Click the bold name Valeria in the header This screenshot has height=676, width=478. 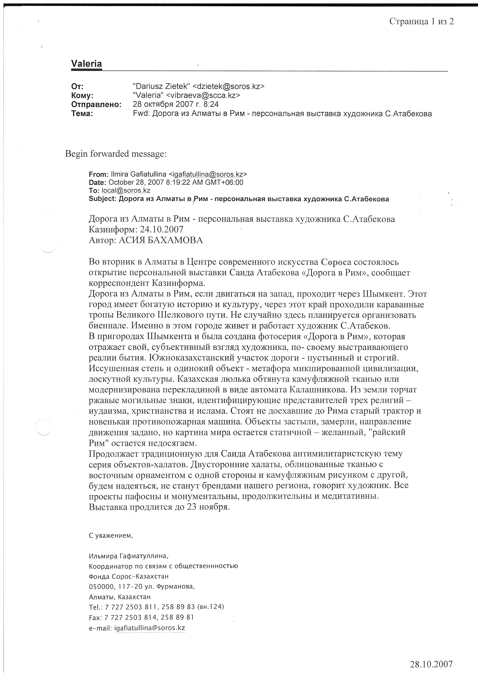[86, 64]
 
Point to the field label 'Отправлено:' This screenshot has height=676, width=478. [96, 104]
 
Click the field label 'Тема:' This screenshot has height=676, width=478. [82, 114]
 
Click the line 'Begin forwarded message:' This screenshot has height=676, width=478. [116, 154]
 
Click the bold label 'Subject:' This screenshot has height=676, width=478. [103, 199]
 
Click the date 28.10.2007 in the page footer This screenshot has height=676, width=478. [431, 664]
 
